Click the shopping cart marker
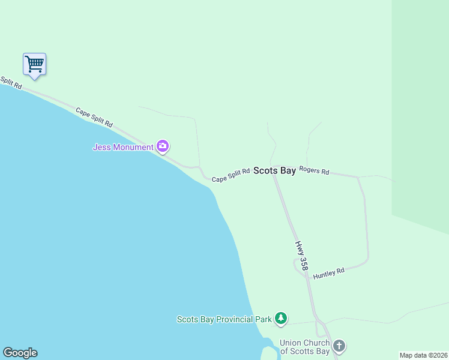[x=35, y=64]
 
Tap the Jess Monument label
[x=123, y=147]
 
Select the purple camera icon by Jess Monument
[x=162, y=146]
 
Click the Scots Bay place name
[x=274, y=171]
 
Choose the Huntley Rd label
[x=328, y=274]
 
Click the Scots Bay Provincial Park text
[x=224, y=319]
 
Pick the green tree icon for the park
[x=280, y=318]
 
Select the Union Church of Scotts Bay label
[x=305, y=347]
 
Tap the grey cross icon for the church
[x=339, y=346]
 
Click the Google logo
[x=20, y=353]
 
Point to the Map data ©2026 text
[x=423, y=355]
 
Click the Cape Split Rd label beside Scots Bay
[x=231, y=175]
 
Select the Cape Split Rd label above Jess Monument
[x=94, y=117]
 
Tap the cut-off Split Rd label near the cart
[x=10, y=83]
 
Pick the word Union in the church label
[x=291, y=343]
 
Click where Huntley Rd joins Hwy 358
[x=306, y=277]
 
